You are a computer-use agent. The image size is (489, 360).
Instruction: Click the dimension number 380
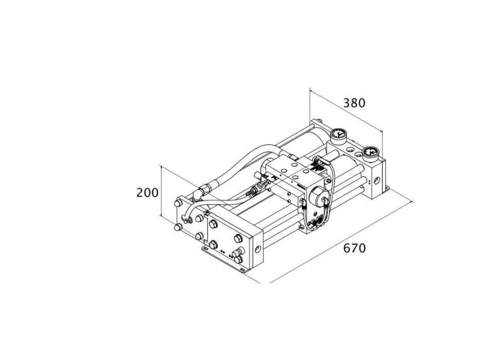[x=354, y=103]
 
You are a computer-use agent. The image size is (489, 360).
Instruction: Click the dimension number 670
[x=354, y=248]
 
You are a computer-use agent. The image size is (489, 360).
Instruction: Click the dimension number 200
[x=147, y=193]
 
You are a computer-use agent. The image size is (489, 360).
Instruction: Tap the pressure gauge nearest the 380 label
[x=338, y=135]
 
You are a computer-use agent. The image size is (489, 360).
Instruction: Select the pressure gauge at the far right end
[x=370, y=153]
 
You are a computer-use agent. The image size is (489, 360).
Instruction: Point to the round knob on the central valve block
[x=317, y=195]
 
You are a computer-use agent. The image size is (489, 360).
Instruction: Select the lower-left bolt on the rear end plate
[x=178, y=227]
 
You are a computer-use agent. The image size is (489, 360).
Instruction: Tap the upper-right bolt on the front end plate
[x=238, y=238]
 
